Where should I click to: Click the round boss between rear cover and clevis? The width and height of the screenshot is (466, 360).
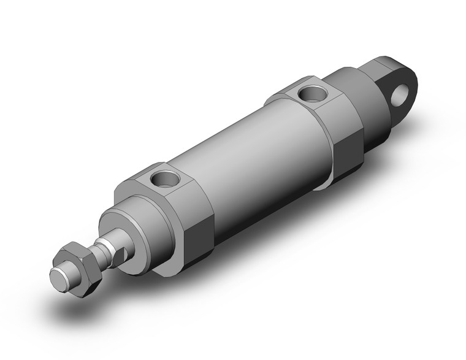point(362,104)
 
